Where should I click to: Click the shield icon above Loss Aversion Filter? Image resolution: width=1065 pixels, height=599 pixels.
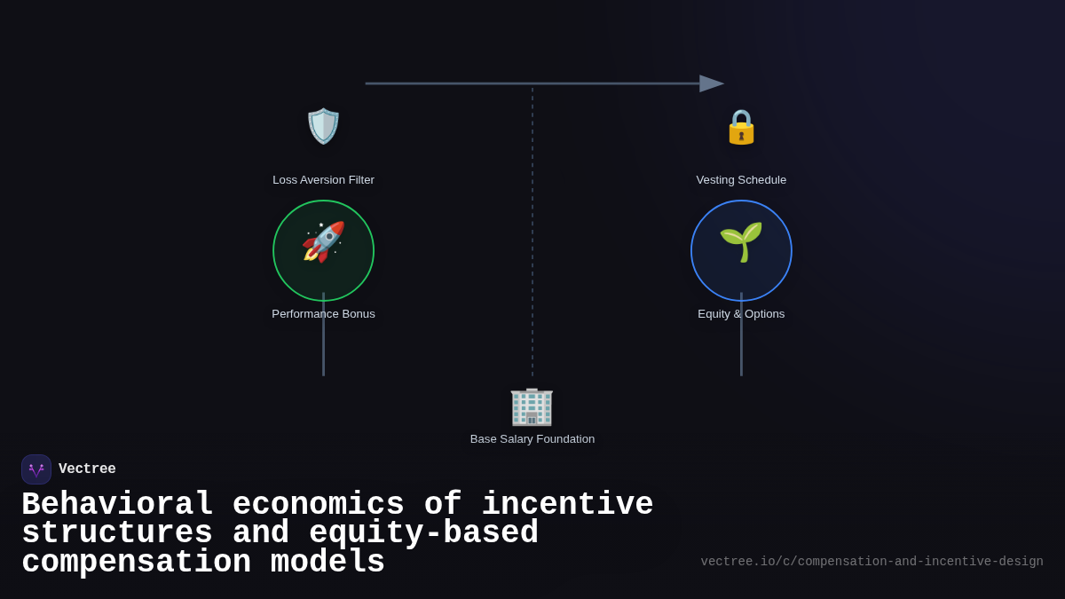pos(323,126)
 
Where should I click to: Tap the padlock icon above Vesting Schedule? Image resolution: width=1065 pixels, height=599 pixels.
pos(741,127)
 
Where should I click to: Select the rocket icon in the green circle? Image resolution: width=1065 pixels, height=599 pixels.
pos(323,242)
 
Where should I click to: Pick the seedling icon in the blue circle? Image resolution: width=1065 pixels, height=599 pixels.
pos(741,241)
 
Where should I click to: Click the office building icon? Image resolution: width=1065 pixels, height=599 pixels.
pos(532,406)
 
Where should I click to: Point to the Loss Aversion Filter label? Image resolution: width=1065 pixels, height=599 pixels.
pos(323,180)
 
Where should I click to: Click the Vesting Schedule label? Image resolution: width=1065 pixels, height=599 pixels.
pos(741,180)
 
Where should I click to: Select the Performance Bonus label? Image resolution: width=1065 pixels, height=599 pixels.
pos(323,314)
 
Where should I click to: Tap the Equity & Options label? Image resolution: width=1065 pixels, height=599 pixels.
pos(741,314)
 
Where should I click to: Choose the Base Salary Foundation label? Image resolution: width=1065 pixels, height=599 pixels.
pos(532,439)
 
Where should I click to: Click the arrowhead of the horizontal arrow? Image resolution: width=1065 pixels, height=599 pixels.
pos(711,83)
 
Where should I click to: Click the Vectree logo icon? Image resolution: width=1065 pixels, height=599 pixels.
pos(36,469)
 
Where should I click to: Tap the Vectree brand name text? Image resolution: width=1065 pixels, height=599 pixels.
pos(87,469)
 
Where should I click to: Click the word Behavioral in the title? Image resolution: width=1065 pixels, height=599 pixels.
pos(117,505)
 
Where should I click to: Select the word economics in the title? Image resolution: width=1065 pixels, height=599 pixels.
pos(318,505)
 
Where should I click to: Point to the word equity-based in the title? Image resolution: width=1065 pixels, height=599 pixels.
pos(423,534)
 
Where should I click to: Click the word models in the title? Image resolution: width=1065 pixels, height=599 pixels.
pos(327,563)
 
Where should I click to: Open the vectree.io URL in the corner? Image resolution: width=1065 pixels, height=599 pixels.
pos(872,562)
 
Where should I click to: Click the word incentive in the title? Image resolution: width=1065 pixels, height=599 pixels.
pos(567,505)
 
